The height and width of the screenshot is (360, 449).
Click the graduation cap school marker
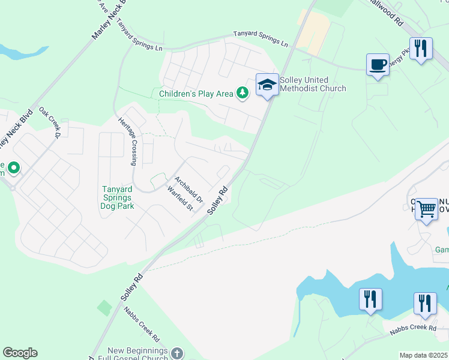coord(267,85)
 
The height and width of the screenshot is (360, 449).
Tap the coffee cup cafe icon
coord(378,65)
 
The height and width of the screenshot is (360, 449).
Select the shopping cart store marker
coord(426,209)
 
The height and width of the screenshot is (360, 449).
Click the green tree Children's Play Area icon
coord(242,93)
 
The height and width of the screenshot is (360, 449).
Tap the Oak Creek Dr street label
coord(51,122)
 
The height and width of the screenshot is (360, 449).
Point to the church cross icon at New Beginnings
coord(176,353)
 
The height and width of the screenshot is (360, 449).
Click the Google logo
coord(20,353)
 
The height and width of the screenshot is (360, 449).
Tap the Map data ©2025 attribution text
coord(424,355)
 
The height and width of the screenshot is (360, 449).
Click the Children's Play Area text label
coord(196,94)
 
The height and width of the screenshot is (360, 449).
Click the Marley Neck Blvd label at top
coord(110,19)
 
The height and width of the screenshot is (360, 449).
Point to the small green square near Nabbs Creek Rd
coord(104,308)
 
